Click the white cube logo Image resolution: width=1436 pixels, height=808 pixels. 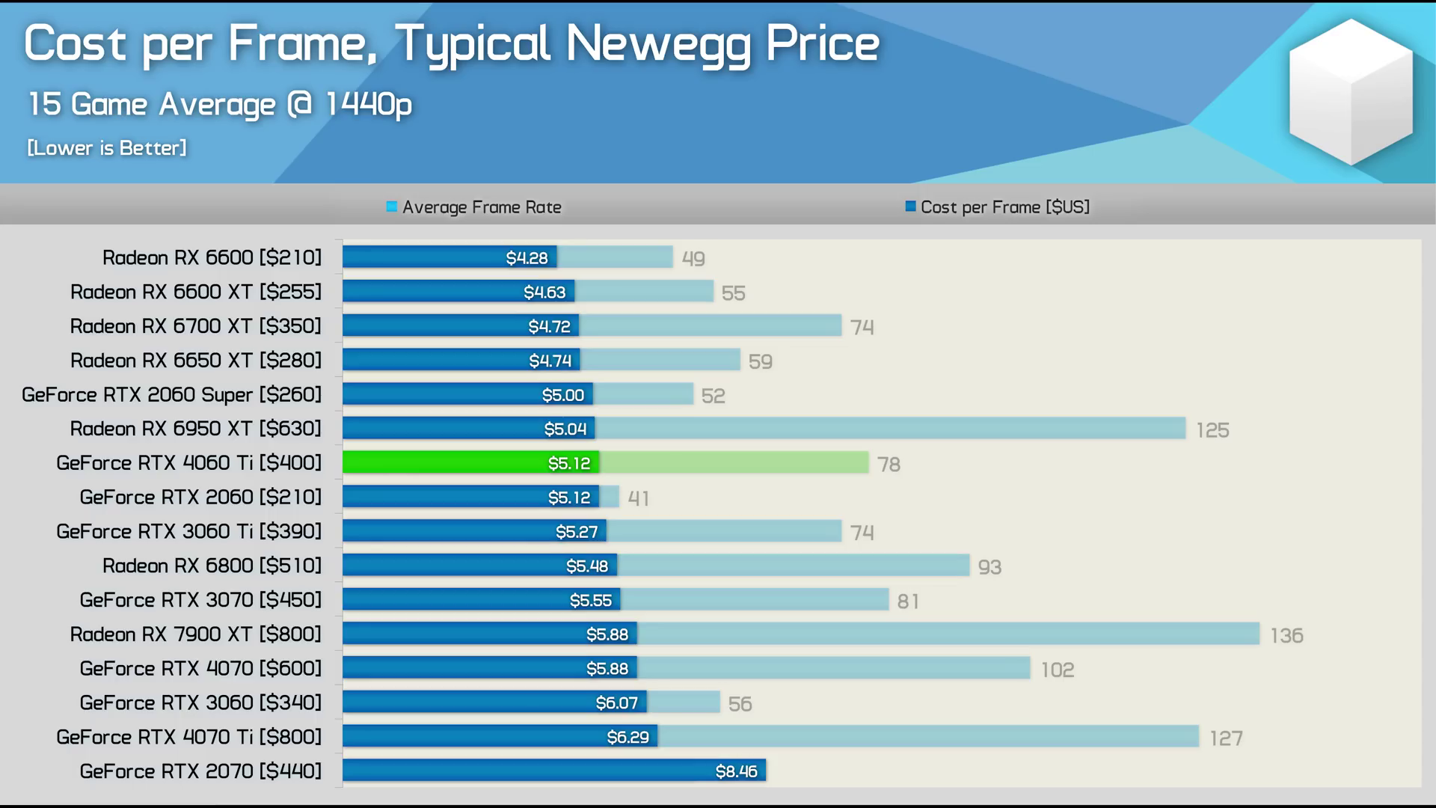coord(1351,91)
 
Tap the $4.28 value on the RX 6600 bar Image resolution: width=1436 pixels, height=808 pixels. coord(527,258)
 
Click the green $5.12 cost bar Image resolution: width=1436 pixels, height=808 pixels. coord(471,463)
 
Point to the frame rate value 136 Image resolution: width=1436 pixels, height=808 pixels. coord(1286,635)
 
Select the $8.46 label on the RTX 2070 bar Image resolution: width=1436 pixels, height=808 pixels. coord(736,771)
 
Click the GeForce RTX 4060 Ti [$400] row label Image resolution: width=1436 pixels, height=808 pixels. coord(188,463)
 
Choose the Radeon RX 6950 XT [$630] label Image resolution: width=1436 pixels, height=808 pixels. coord(195,429)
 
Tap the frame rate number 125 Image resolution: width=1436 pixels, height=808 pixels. coord(1212,430)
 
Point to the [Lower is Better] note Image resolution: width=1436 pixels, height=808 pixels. coord(107,148)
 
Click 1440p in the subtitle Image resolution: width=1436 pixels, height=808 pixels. coord(368,105)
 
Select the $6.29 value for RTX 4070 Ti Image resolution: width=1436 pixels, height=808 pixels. coord(628,738)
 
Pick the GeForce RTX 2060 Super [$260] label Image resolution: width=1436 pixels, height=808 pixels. coord(171,394)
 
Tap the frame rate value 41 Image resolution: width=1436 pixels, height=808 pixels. coord(638,498)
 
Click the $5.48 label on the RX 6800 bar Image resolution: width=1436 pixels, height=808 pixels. coord(586,566)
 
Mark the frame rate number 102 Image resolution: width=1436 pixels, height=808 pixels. coord(1057,670)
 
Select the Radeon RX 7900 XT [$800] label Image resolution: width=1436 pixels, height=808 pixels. coord(195,634)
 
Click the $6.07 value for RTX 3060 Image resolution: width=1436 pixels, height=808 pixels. coord(616,703)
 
